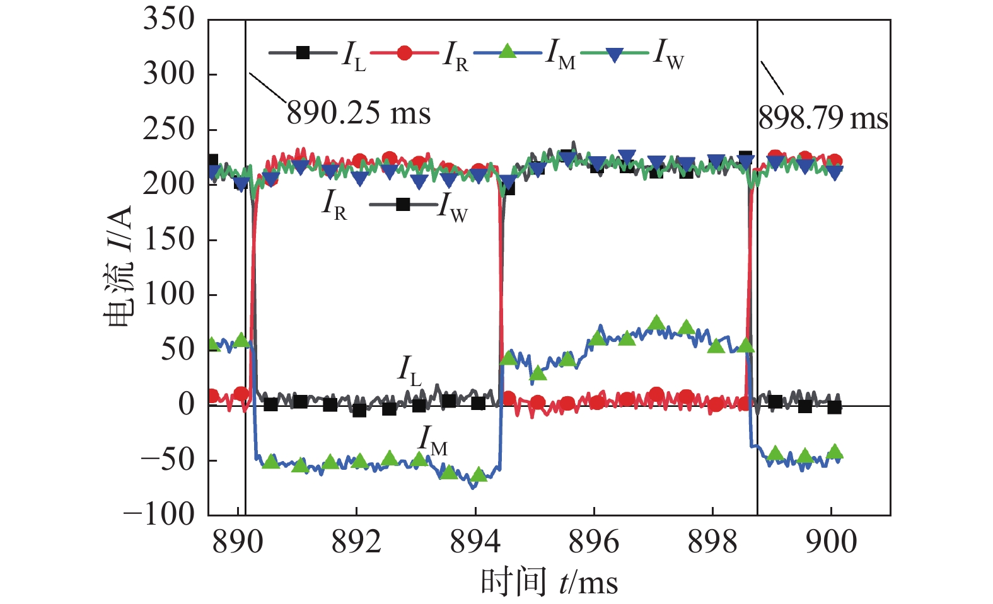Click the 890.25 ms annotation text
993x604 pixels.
(x=358, y=114)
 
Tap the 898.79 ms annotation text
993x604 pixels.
(x=823, y=118)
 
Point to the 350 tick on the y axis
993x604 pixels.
(x=168, y=19)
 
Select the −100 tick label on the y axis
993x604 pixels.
(x=159, y=515)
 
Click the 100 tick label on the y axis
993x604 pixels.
(x=169, y=294)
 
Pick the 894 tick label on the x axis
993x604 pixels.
(x=475, y=542)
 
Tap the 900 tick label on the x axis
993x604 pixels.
(x=831, y=542)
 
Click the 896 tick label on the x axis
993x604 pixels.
(x=593, y=542)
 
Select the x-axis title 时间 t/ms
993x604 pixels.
(x=549, y=583)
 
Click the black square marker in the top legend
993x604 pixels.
(x=303, y=53)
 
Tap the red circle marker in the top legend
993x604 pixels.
(x=404, y=53)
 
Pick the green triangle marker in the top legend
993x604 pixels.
(x=508, y=52)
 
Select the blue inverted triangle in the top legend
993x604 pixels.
(x=614, y=54)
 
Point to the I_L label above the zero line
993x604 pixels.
(x=410, y=370)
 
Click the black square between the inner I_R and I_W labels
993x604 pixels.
(x=403, y=204)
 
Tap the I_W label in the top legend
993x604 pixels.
(x=668, y=54)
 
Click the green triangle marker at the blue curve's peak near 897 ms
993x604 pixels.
(x=656, y=322)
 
